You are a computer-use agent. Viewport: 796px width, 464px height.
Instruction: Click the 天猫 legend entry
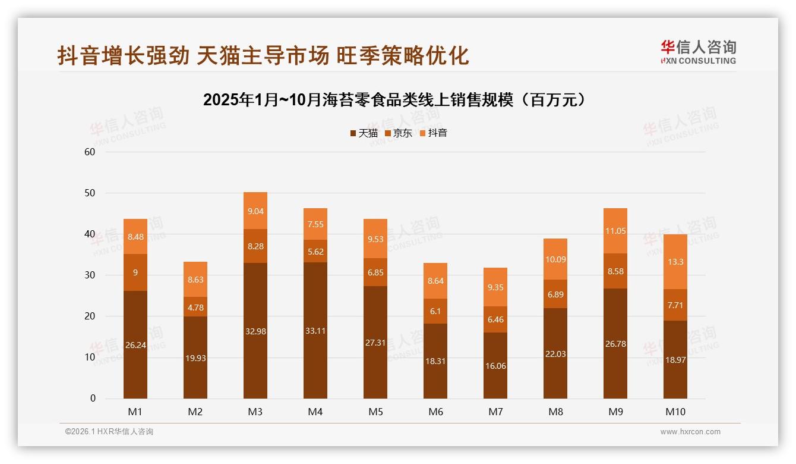point(364,133)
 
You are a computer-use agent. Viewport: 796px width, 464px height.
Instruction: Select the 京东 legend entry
point(398,133)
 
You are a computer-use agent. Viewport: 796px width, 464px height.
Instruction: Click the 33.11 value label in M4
point(315,331)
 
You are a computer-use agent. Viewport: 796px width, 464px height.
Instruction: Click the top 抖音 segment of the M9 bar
point(615,231)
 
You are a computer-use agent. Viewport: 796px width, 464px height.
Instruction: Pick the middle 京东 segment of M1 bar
point(135,272)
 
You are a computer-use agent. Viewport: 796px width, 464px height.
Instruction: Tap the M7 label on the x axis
point(495,412)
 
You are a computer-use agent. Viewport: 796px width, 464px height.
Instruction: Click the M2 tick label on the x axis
point(195,412)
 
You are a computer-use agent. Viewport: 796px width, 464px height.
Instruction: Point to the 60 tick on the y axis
point(90,152)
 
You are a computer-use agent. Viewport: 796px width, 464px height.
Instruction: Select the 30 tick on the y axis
point(90,275)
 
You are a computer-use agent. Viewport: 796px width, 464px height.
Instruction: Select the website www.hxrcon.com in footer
point(690,432)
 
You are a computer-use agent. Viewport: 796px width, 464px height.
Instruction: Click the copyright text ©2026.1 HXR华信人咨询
point(109,432)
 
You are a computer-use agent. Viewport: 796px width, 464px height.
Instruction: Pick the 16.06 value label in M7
point(495,366)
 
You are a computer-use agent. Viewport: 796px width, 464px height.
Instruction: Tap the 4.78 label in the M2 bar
point(195,307)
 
